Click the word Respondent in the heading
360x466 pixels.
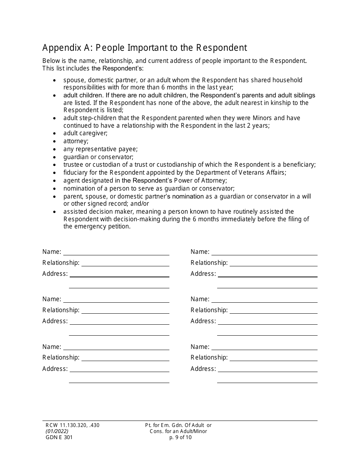221,48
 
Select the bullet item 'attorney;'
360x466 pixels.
76,141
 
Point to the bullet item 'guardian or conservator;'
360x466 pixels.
98,157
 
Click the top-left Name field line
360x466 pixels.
116,254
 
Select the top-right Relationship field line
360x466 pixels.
274,265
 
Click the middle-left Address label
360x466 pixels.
55,321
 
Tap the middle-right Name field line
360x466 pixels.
264,302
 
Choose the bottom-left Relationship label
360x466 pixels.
61,357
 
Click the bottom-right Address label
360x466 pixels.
203,369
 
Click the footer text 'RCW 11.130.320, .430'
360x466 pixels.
71,425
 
